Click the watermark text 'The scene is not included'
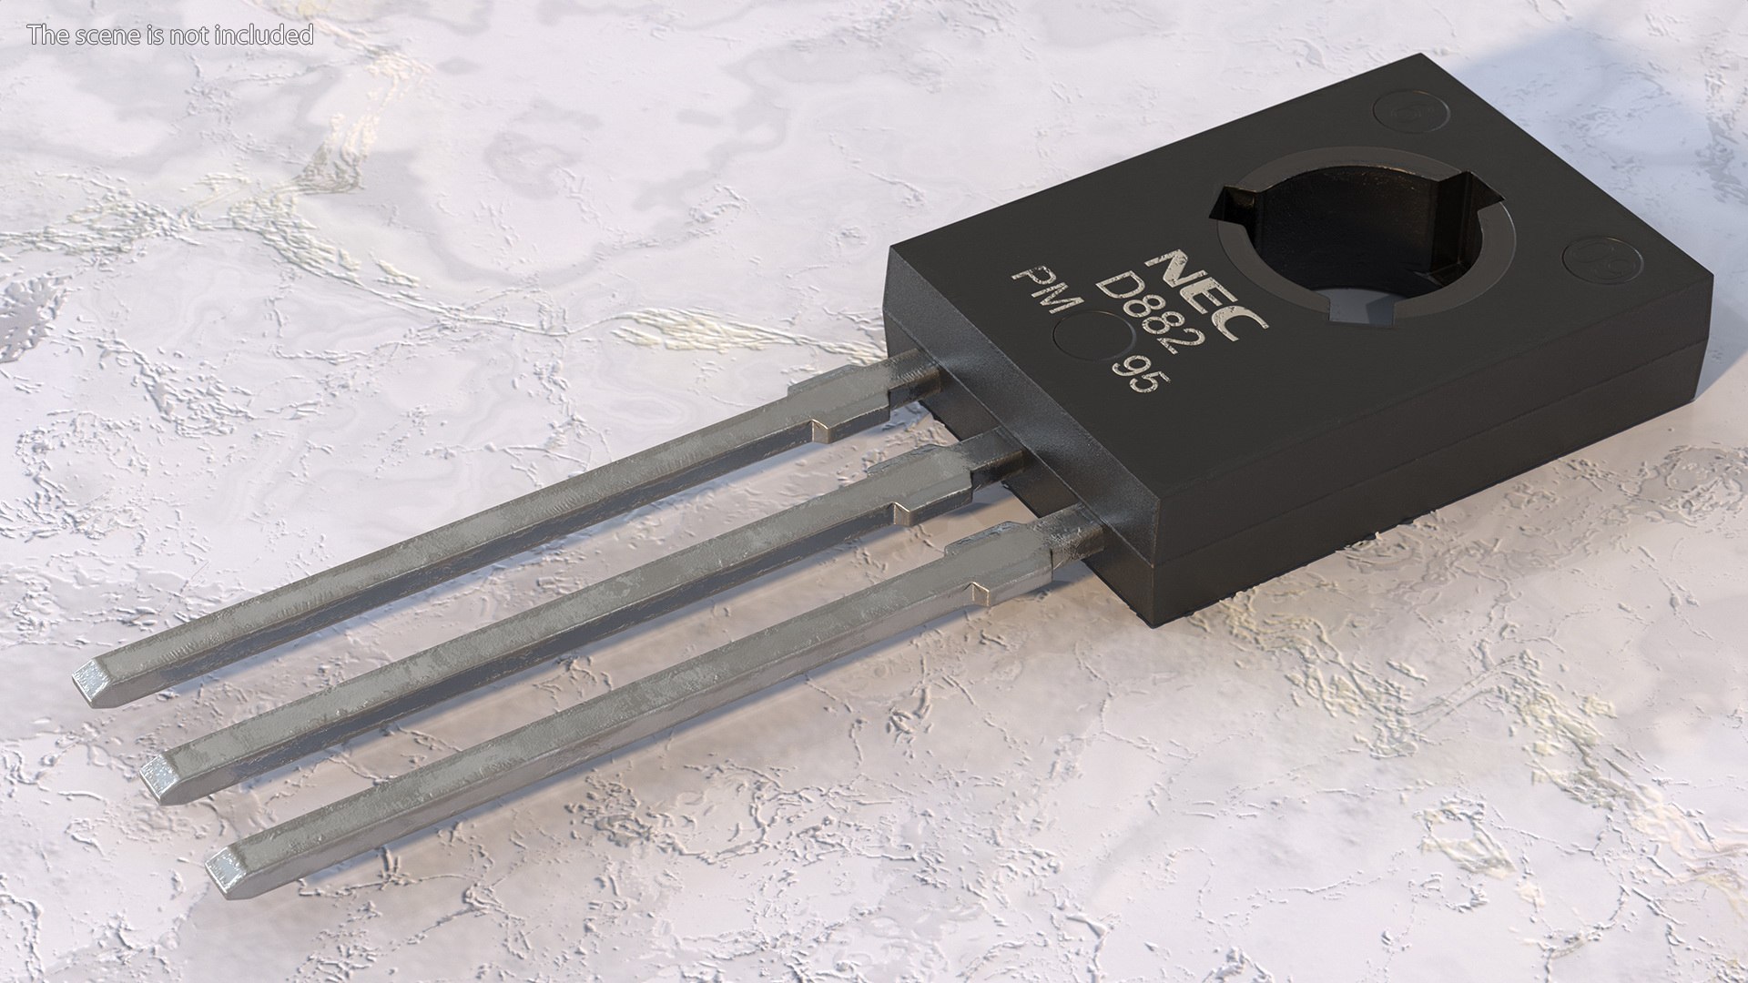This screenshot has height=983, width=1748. (x=170, y=35)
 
